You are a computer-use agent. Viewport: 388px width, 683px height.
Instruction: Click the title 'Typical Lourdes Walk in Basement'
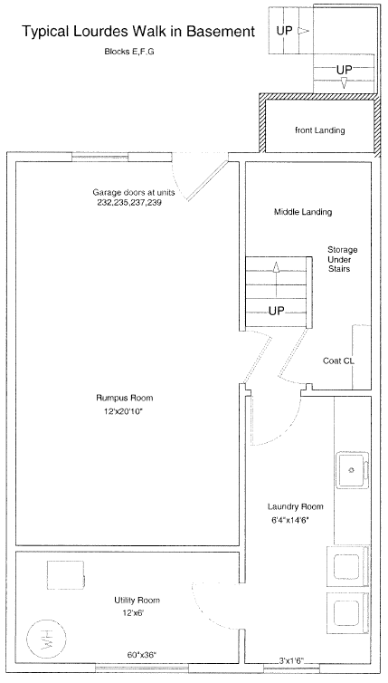click(138, 32)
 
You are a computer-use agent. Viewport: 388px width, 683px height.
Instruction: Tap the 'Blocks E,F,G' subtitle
click(129, 52)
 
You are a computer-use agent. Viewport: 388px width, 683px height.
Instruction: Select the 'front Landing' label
click(319, 130)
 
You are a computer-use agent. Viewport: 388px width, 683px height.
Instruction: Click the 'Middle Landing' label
click(303, 212)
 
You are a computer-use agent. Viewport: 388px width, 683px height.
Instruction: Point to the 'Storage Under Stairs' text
click(343, 259)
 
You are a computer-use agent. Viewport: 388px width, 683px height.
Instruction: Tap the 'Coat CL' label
click(338, 361)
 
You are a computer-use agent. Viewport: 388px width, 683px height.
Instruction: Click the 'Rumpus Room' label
click(125, 398)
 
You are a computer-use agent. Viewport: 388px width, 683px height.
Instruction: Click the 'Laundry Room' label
click(296, 506)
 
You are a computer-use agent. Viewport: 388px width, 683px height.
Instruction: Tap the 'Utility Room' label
click(137, 601)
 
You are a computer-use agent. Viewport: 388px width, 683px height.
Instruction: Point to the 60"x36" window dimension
click(142, 654)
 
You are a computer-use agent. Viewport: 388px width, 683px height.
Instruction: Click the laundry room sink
click(353, 470)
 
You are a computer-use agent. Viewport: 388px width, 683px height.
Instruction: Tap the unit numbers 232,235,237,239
click(129, 203)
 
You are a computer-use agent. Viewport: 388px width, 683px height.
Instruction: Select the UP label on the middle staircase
click(276, 311)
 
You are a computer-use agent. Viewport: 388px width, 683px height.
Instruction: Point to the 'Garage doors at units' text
click(134, 192)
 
